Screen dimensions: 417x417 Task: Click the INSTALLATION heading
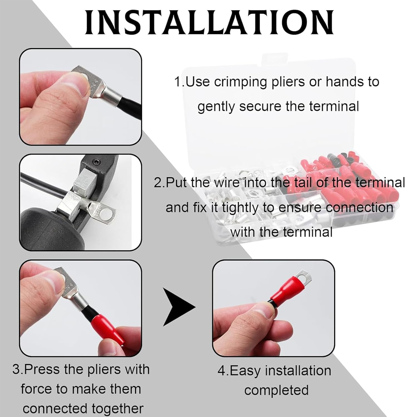point(209,22)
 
